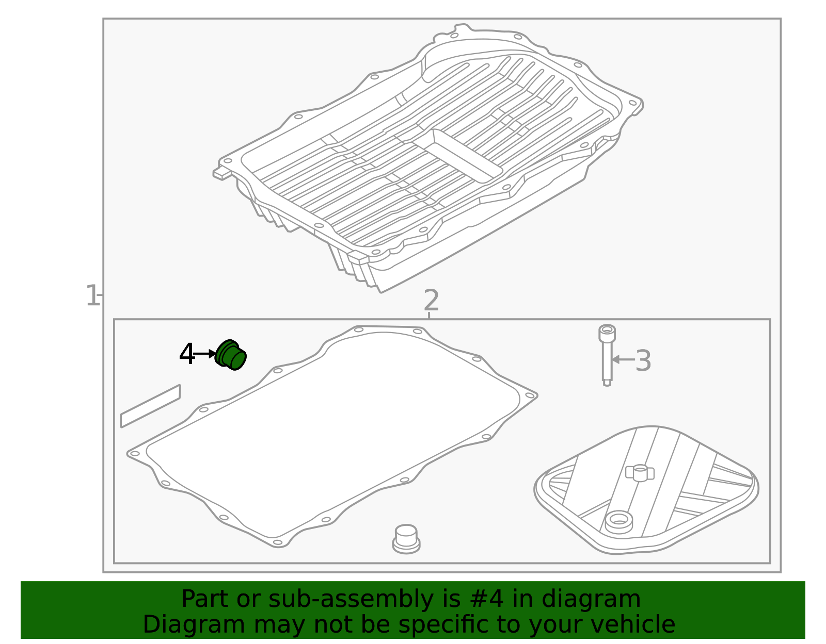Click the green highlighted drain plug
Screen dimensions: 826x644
point(230,355)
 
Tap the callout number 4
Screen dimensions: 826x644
point(187,354)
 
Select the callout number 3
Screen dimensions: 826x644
point(643,360)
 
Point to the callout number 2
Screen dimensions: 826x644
point(431,300)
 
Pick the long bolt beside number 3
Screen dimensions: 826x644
point(607,355)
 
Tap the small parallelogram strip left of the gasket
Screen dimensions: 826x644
point(151,406)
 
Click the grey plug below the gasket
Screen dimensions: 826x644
point(406,539)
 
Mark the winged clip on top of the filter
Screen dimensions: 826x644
point(640,473)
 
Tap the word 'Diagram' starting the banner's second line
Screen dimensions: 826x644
point(194,625)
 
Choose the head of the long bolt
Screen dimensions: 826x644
point(607,333)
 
